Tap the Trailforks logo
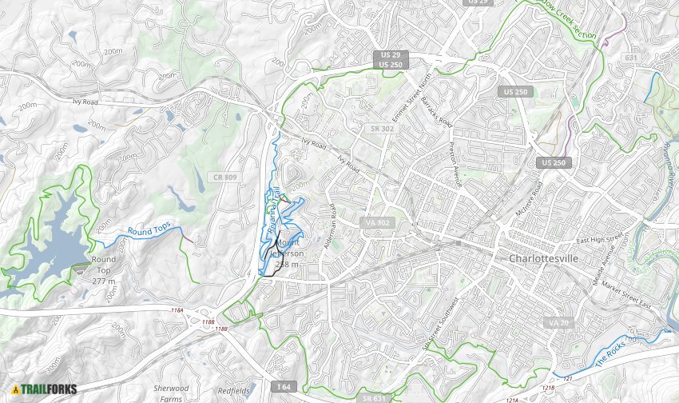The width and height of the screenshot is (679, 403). (x=44, y=389)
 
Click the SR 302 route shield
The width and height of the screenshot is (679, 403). (x=378, y=127)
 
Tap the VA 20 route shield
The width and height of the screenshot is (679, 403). (x=558, y=321)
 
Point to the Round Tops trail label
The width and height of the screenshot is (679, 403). (x=149, y=229)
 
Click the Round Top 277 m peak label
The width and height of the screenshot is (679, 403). (x=104, y=270)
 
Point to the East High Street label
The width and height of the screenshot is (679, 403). (x=599, y=239)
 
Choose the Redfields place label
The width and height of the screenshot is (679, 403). (x=236, y=392)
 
